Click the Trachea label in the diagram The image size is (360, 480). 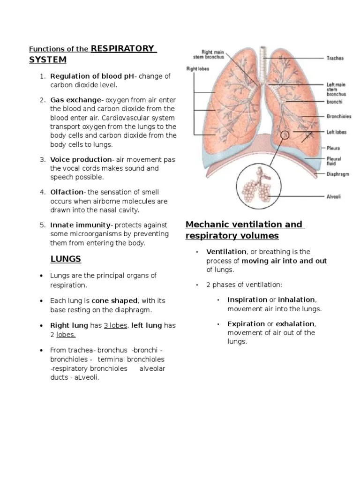pyautogui.click(x=335, y=59)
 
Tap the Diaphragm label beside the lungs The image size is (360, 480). pyautogui.click(x=337, y=174)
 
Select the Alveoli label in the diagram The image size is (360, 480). pyautogui.click(x=333, y=197)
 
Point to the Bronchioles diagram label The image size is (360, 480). pyautogui.click(x=339, y=116)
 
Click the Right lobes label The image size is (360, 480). pyautogui.click(x=198, y=68)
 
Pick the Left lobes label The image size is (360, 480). pyautogui.click(x=337, y=132)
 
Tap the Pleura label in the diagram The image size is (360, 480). pyautogui.click(x=333, y=148)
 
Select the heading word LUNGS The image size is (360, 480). pyautogui.click(x=66, y=259)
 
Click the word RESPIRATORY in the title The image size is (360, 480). pyautogui.click(x=123, y=48)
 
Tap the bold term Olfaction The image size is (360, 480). pyautogui.click(x=67, y=192)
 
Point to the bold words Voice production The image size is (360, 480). pyautogui.click(x=81, y=159)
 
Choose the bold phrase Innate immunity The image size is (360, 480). pyautogui.click(x=80, y=225)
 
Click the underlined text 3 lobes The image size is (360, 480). pyautogui.click(x=115, y=325)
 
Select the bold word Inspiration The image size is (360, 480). pyautogui.click(x=247, y=300)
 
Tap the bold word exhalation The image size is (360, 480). pyautogui.click(x=295, y=324)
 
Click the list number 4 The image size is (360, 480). pyautogui.click(x=42, y=192)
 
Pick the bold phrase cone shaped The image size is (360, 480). pyautogui.click(x=115, y=300)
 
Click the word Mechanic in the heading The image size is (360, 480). pyautogui.click(x=209, y=225)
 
